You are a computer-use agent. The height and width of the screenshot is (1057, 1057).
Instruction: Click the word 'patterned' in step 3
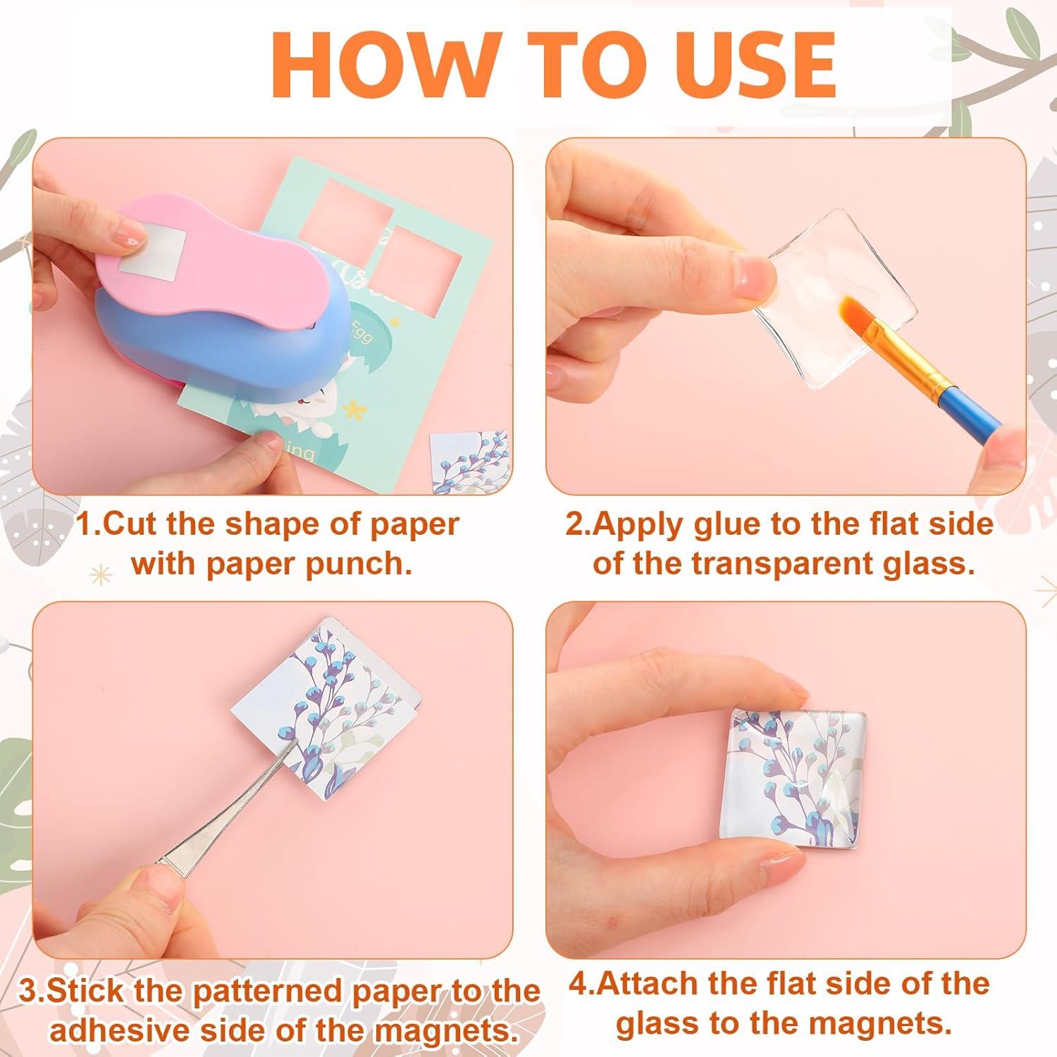[268, 991]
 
